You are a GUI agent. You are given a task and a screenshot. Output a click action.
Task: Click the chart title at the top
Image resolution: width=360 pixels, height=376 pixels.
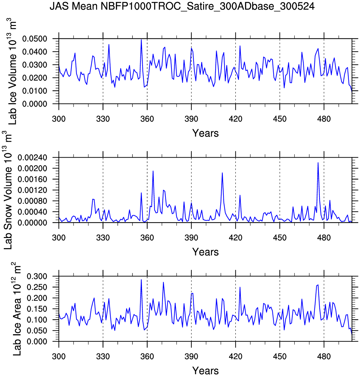point(182,6)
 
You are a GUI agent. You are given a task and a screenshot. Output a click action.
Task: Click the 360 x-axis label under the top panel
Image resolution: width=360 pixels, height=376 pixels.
point(147,119)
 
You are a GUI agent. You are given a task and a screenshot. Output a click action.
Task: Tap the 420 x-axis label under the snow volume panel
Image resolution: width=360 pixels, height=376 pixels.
point(235,238)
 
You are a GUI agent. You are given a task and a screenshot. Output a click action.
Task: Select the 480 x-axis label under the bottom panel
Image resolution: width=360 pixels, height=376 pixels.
point(324,357)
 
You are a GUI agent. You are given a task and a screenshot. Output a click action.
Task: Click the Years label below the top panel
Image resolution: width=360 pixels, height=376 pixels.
point(205,133)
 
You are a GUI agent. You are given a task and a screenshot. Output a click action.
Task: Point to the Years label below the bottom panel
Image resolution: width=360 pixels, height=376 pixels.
point(205,371)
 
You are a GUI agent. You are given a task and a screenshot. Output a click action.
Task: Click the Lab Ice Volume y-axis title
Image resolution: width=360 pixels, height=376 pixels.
point(12,71)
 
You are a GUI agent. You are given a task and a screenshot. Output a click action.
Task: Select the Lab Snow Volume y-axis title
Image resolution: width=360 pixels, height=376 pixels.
point(9,190)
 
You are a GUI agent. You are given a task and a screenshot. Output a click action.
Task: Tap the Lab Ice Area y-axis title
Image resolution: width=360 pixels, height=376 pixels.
point(17,309)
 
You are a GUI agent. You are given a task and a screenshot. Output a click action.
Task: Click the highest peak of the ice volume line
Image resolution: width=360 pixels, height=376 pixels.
point(141,40)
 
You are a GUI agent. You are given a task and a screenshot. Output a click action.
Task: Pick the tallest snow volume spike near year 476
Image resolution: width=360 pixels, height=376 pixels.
point(318,163)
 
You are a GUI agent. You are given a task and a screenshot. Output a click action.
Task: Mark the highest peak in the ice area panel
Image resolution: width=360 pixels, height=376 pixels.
point(141,279)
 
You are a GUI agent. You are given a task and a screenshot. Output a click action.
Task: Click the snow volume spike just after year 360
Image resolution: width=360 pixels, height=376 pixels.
point(153,171)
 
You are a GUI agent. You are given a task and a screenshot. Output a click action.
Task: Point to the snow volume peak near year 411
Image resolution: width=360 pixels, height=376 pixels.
point(222,173)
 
